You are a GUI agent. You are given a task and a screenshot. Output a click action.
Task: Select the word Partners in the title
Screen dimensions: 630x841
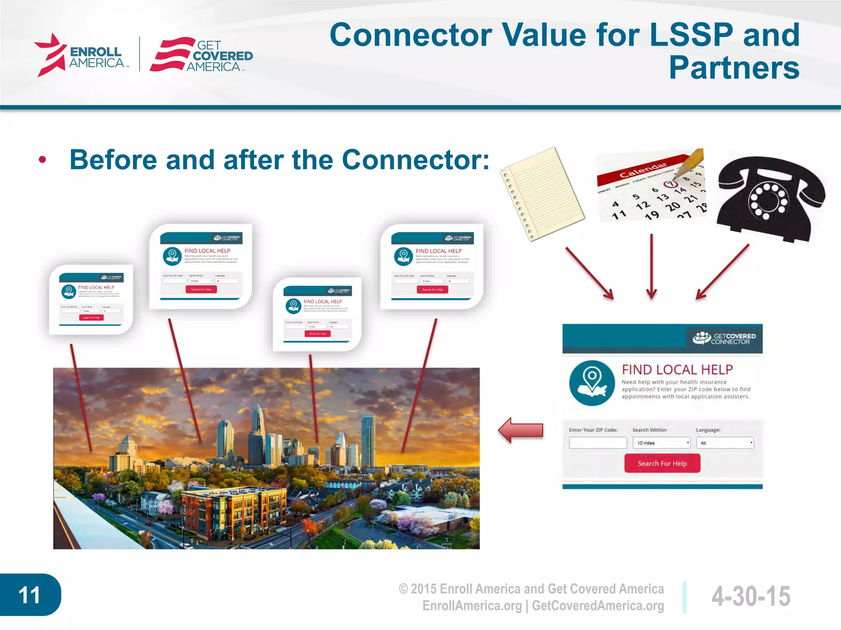pyautogui.click(x=734, y=68)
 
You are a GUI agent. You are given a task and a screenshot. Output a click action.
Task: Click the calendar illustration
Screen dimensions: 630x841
pyautogui.click(x=651, y=187)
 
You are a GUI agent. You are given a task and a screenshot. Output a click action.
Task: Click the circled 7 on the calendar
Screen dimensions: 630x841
pyautogui.click(x=670, y=184)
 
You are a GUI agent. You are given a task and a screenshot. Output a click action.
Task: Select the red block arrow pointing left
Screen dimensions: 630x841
pyautogui.click(x=521, y=430)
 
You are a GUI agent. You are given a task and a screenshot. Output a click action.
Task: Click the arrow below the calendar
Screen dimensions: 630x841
pyautogui.click(x=651, y=267)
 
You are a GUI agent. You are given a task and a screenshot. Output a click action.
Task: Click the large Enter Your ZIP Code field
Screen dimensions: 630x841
pyautogui.click(x=598, y=443)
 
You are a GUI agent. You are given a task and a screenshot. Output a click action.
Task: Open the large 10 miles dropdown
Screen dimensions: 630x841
pyautogui.click(x=661, y=443)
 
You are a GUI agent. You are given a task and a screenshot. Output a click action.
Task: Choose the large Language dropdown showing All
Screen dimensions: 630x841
pyautogui.click(x=725, y=443)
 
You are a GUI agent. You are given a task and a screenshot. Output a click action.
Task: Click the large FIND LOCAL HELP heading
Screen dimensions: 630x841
pyautogui.click(x=677, y=370)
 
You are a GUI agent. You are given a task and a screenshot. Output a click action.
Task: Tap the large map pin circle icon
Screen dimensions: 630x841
pyautogui.click(x=592, y=383)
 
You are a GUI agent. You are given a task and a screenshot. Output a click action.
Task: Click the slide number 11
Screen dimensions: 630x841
pyautogui.click(x=30, y=595)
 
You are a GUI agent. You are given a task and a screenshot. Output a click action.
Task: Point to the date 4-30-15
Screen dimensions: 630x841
pyautogui.click(x=751, y=596)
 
